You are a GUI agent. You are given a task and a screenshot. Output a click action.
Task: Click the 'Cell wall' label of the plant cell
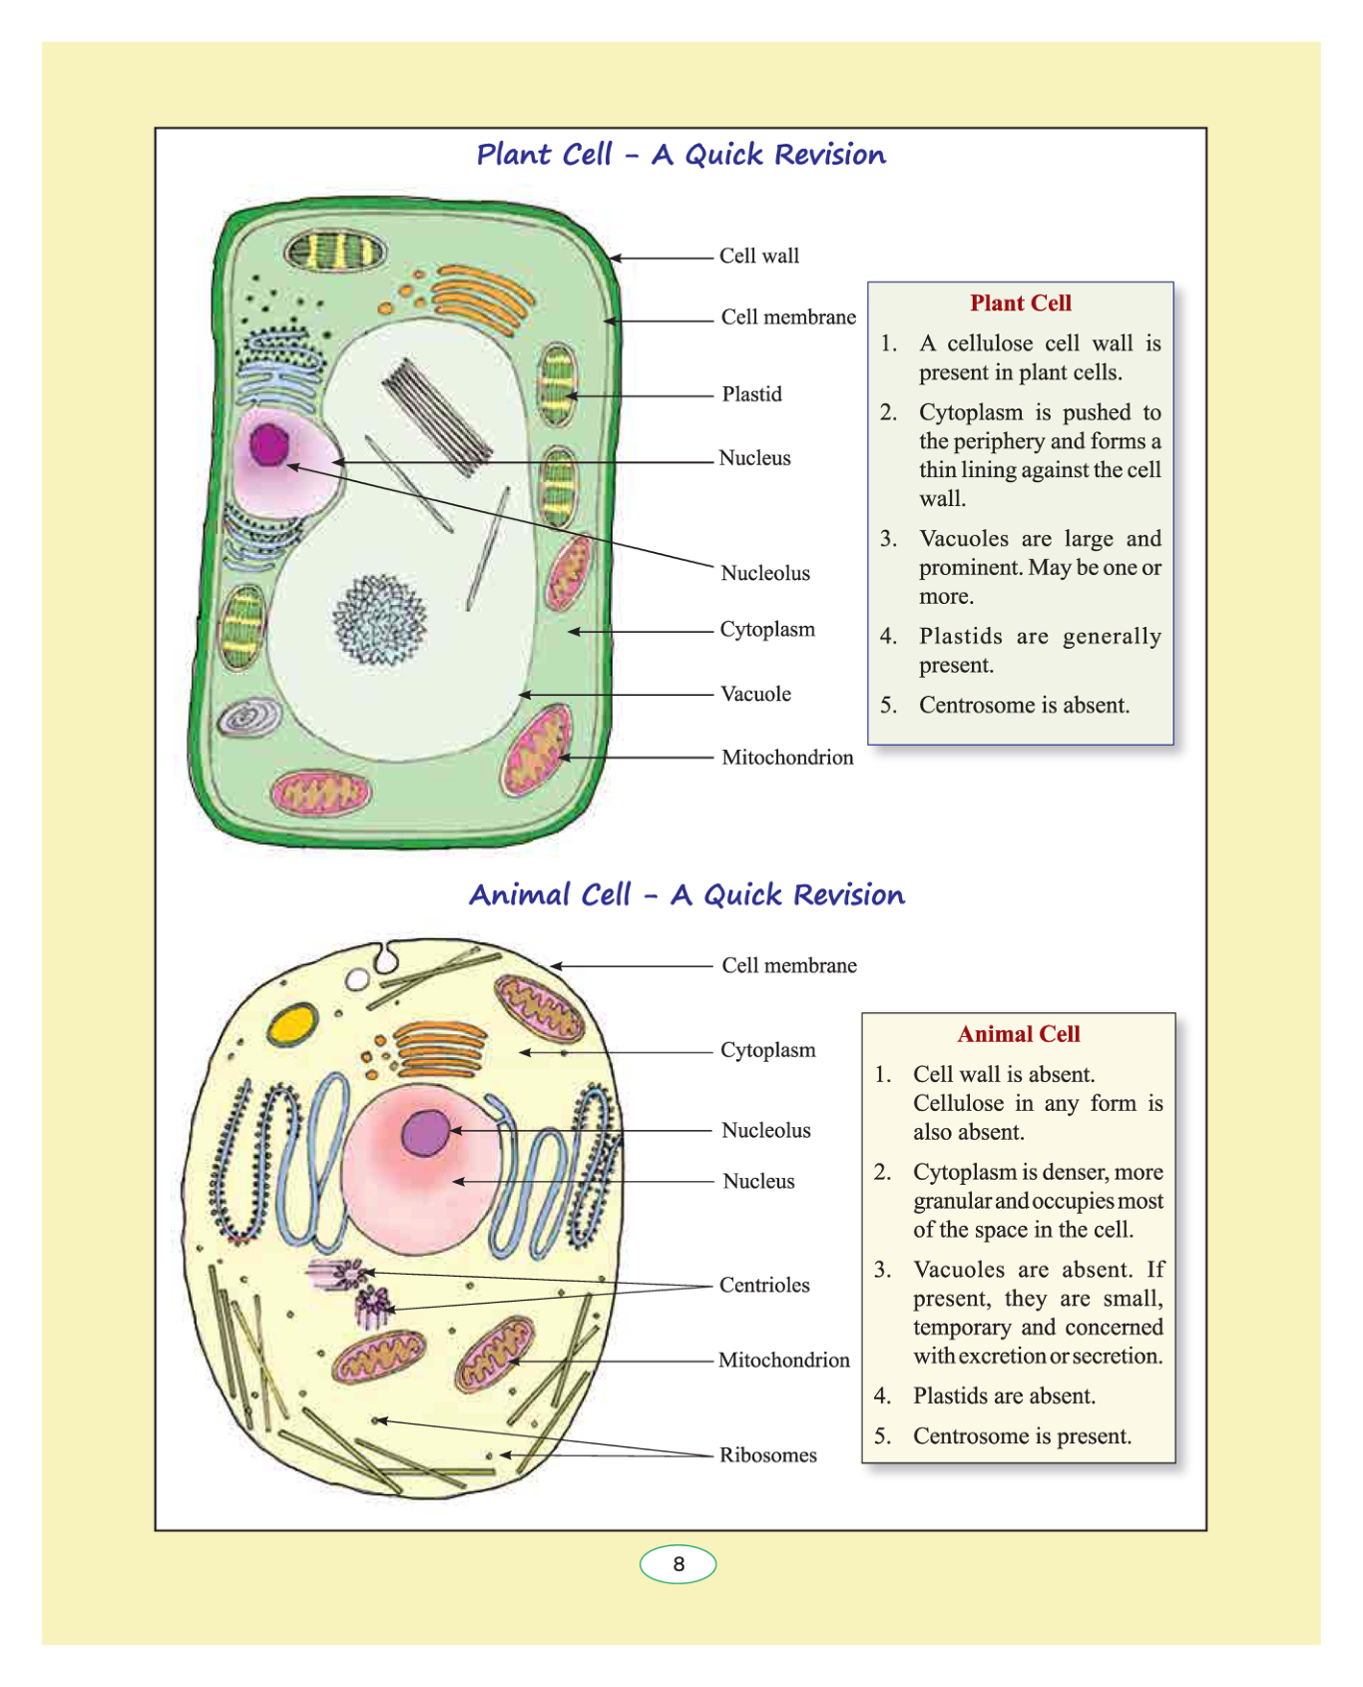click(759, 257)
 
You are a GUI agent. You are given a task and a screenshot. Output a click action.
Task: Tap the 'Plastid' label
click(752, 394)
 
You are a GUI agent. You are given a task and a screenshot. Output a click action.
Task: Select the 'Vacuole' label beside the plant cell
click(755, 694)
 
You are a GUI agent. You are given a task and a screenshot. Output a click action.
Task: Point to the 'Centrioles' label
click(764, 1285)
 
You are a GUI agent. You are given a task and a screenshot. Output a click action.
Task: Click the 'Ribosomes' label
click(768, 1455)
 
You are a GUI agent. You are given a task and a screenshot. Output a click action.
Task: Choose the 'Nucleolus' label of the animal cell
click(766, 1130)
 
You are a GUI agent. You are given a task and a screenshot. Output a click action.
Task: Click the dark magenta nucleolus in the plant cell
click(268, 444)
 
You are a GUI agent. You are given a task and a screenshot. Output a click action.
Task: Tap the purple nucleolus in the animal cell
click(426, 1133)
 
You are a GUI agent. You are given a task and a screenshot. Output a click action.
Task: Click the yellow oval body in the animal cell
click(292, 1025)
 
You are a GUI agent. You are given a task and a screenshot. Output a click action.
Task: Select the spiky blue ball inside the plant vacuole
click(379, 620)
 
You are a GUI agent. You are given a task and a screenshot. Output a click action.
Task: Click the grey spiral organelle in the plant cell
click(249, 717)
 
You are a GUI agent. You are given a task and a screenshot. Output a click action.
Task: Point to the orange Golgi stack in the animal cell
click(440, 1048)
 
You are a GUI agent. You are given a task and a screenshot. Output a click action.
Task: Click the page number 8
click(679, 1564)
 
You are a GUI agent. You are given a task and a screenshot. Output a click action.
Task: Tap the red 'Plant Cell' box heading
click(1020, 303)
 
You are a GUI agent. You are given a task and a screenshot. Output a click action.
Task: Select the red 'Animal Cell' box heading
click(1018, 1034)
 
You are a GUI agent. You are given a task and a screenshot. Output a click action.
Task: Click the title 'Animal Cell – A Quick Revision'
click(686, 894)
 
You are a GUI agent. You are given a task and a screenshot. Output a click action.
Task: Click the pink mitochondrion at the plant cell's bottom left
click(321, 794)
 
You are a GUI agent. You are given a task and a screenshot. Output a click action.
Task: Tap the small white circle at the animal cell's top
click(357, 979)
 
